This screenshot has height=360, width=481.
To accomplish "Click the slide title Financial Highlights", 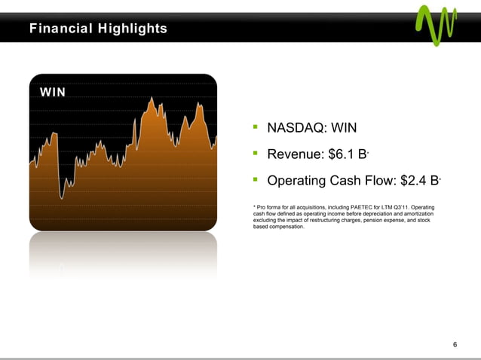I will (98, 29).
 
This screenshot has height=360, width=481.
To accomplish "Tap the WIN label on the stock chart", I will (53, 92).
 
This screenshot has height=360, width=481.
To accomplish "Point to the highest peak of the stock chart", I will (153, 98).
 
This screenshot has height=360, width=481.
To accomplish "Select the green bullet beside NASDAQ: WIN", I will (256, 127).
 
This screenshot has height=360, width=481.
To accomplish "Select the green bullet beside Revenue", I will (256, 154).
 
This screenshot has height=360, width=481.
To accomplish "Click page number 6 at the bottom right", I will (455, 344).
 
